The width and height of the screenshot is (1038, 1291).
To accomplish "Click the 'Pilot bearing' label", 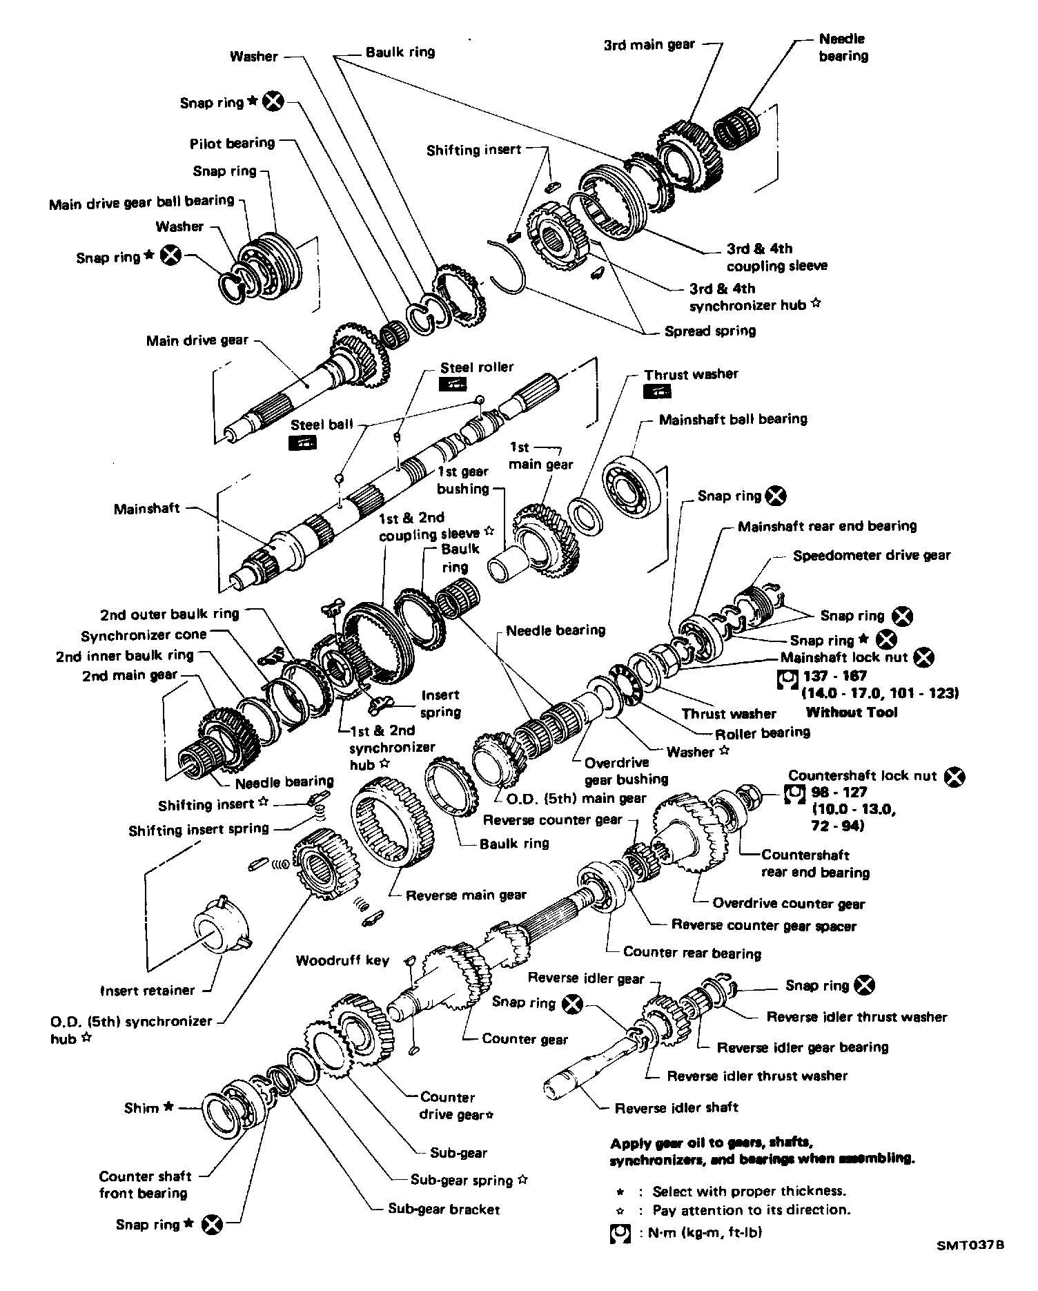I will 232,143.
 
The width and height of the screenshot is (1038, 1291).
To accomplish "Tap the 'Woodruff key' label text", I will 342,960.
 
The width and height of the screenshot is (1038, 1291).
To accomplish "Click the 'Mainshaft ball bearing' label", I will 732,419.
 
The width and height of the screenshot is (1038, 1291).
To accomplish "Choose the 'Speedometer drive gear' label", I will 871,555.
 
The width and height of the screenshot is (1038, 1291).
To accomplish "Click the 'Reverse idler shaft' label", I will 676,1107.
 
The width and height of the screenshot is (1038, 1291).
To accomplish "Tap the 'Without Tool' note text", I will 852,712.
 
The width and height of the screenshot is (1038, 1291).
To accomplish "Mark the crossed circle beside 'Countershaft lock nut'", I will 954,776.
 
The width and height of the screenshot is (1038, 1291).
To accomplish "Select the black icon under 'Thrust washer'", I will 656,391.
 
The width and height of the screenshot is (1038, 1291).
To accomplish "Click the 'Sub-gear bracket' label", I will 443,1209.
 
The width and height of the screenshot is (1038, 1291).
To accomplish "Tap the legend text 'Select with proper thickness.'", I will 749,1190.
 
